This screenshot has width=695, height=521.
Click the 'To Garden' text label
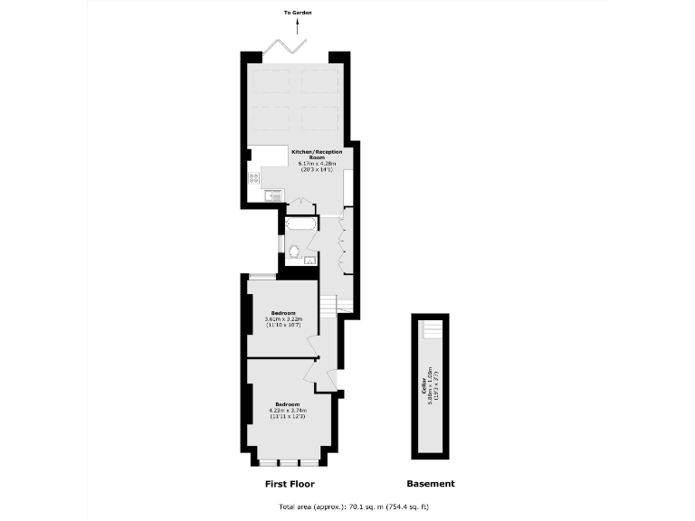[297, 13]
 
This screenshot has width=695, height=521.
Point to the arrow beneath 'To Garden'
[297, 27]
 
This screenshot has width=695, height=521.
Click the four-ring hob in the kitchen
[253, 177]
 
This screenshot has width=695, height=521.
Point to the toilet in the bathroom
[294, 251]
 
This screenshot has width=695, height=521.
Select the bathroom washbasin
[309, 260]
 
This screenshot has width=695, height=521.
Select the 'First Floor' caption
[290, 484]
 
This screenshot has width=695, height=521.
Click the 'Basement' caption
[431, 484]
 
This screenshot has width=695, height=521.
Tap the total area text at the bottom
[340, 507]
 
